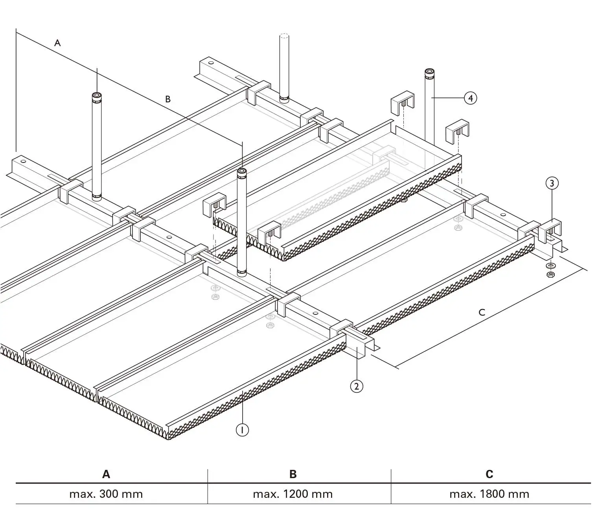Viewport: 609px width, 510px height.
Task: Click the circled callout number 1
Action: click(242, 430)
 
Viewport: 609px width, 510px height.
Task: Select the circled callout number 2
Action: click(356, 386)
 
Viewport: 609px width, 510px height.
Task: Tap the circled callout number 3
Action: click(552, 183)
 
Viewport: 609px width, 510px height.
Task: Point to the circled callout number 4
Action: click(470, 98)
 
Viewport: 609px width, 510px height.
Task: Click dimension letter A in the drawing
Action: click(57, 43)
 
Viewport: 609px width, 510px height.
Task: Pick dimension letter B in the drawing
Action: click(168, 99)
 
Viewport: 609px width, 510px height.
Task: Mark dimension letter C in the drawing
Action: click(482, 312)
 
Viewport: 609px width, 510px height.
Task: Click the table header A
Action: click(106, 474)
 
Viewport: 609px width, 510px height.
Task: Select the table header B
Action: click(293, 474)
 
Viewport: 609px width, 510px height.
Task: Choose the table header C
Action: click(489, 474)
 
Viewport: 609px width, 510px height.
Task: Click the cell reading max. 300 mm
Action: click(106, 494)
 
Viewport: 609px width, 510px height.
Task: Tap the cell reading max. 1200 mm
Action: click(293, 494)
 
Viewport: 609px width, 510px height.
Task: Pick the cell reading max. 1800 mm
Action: click(489, 494)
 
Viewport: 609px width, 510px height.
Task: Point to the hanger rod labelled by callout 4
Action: click(429, 106)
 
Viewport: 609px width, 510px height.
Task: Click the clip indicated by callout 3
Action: click(549, 231)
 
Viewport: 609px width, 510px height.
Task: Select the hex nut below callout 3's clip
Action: click(551, 274)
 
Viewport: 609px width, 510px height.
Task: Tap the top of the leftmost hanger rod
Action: click(97, 95)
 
